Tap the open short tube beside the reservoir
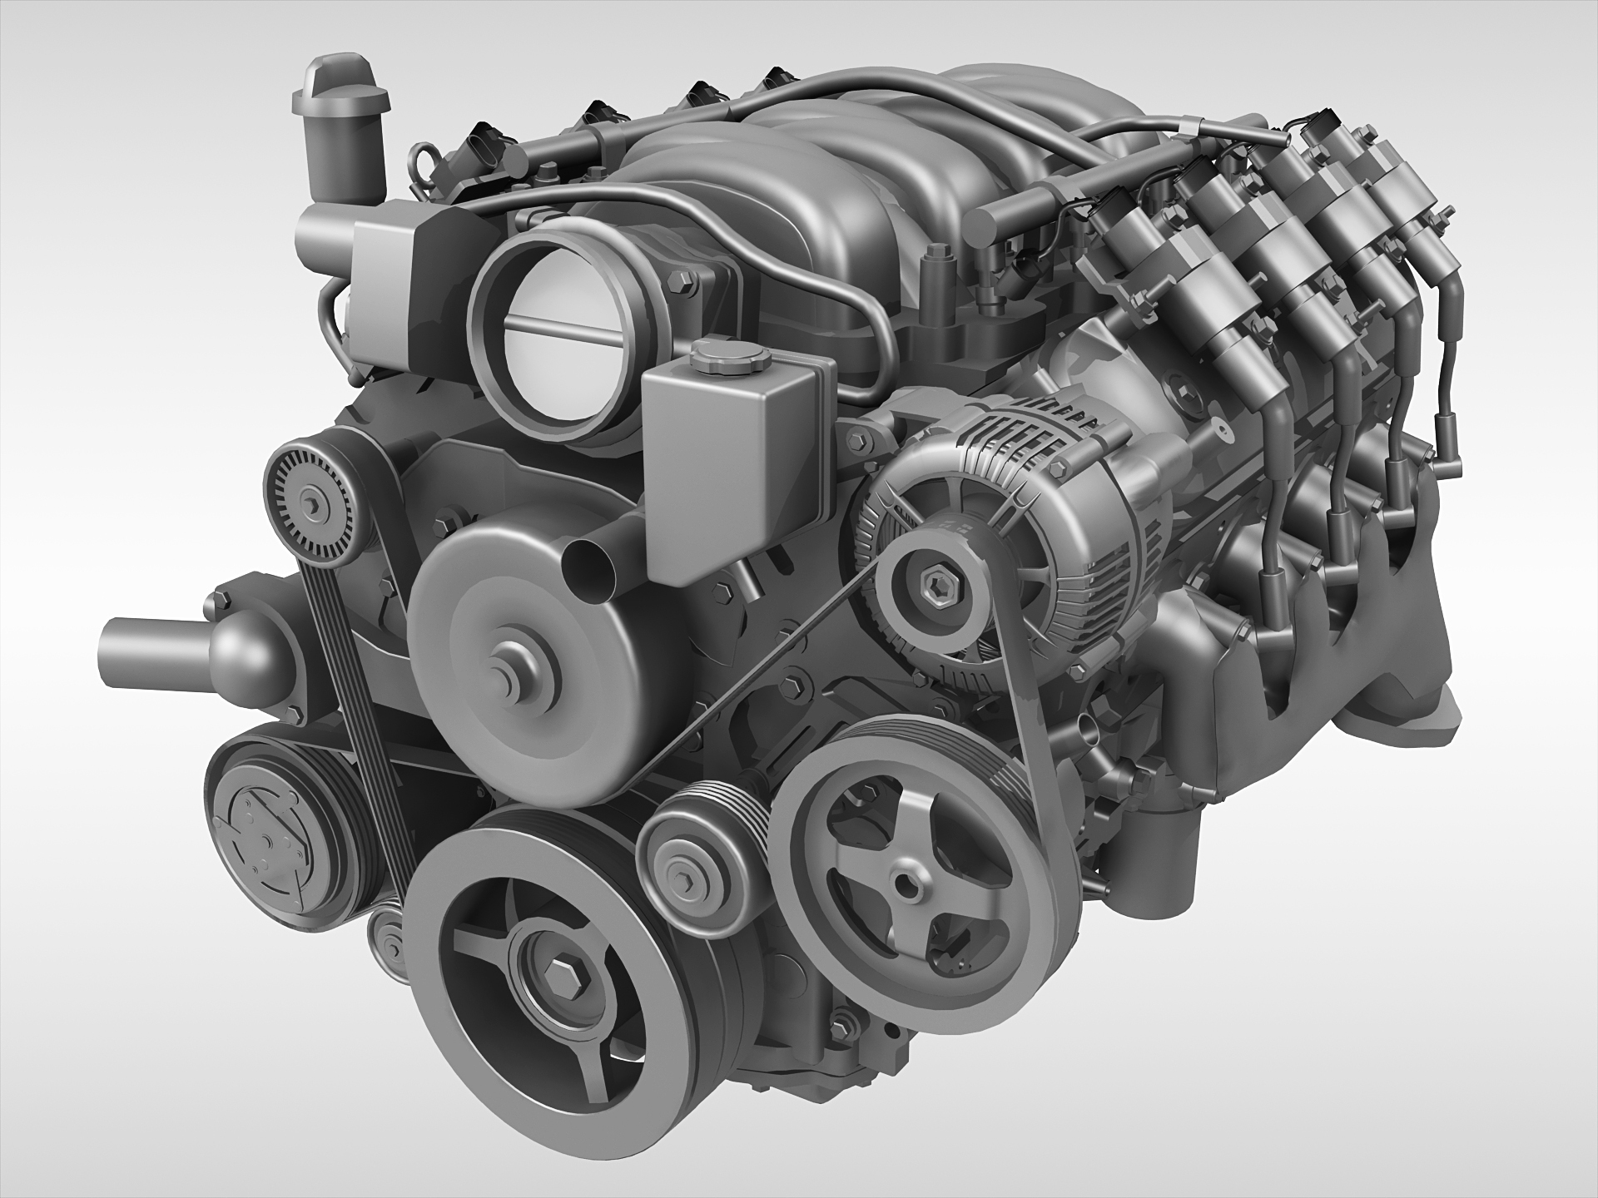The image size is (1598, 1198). [589, 571]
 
